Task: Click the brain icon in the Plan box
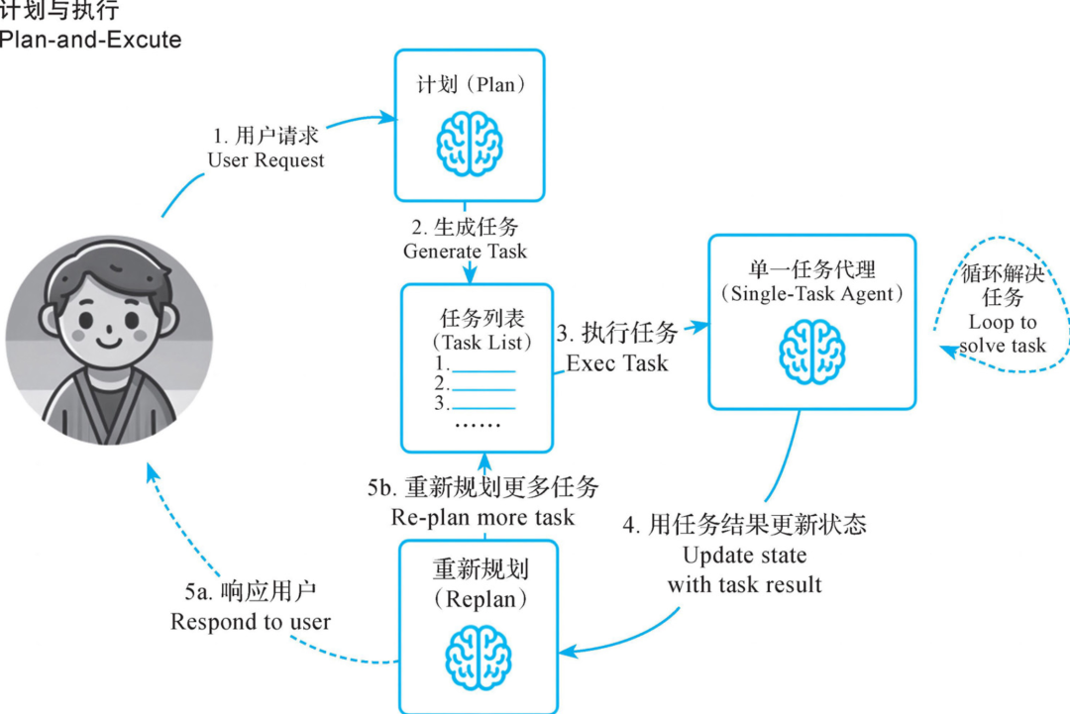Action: coord(470,144)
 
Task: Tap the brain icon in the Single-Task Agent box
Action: coord(812,352)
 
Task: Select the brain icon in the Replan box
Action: coord(479,658)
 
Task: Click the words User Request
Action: coord(267,160)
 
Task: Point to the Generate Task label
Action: coord(465,251)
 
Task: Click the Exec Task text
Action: coord(617,362)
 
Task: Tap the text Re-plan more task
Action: coord(482,517)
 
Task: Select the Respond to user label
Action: coord(251,621)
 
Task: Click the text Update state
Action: coord(744,556)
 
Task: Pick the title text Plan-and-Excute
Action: coord(91,40)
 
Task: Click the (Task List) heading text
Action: coord(481,342)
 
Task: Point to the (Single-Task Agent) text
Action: coord(812,293)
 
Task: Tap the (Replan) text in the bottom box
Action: coord(481,599)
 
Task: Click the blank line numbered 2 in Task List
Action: coord(483,390)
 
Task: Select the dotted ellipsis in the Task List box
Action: coord(478,425)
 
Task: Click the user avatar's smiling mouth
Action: coord(109,341)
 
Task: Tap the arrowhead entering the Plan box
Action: coord(388,117)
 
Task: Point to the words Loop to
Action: coord(1003,322)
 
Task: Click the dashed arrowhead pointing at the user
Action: coord(153,472)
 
